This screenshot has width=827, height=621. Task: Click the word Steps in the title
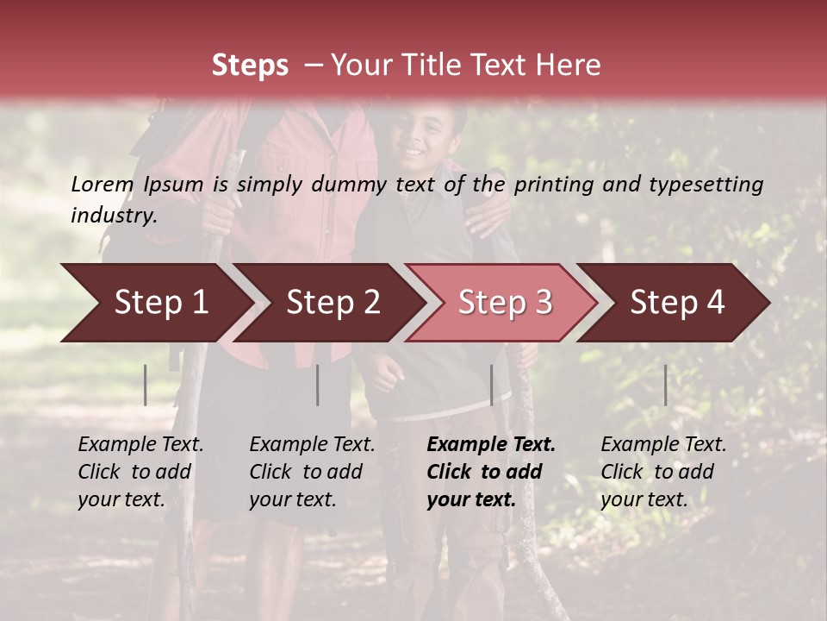point(250,66)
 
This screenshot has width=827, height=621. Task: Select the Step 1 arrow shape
point(155,303)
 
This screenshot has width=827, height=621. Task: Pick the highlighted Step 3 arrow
point(502,303)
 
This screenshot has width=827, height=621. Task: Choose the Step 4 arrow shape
point(675,303)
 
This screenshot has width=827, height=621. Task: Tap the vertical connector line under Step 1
point(146,385)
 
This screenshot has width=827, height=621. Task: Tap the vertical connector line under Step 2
point(318,385)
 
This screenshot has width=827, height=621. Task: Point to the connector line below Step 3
point(491,385)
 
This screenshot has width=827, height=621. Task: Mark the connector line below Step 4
point(665,385)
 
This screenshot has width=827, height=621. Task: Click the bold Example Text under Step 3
point(491,445)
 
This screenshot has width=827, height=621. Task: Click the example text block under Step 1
point(140,472)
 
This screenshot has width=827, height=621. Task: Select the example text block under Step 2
point(312,472)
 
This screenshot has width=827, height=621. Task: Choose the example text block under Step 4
point(662,472)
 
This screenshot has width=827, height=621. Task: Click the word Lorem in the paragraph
point(103,185)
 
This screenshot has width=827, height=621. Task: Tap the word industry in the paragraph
point(113,216)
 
